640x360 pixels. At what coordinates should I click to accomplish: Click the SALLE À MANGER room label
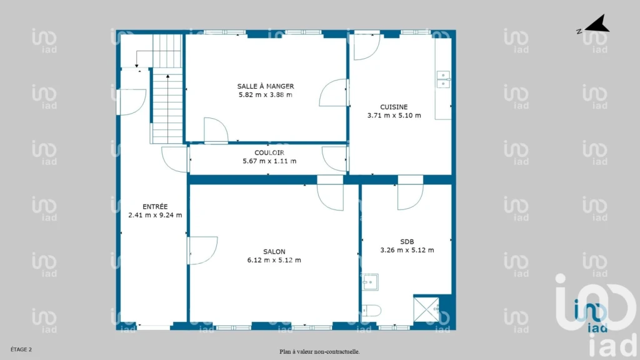266,86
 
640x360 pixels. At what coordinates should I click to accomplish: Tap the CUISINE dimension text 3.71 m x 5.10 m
394,116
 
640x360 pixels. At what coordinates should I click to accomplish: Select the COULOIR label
269,152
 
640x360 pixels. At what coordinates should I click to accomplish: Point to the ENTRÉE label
155,206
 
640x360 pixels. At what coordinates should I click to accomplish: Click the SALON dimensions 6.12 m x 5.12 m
274,260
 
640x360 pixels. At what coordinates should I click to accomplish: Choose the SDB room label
407,242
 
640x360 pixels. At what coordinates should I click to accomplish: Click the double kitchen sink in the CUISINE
443,79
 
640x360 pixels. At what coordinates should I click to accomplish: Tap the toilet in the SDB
371,311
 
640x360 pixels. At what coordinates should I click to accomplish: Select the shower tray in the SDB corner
426,309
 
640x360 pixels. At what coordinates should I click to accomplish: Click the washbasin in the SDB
370,282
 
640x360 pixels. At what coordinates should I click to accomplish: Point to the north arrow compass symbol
597,24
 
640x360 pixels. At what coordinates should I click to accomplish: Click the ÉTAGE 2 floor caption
21,349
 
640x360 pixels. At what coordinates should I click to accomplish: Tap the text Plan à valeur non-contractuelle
319,351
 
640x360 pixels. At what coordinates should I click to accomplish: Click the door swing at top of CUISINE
367,47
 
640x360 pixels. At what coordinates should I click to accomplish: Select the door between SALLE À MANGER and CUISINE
334,92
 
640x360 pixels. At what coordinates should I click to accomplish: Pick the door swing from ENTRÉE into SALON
203,250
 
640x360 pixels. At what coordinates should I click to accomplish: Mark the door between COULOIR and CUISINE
334,159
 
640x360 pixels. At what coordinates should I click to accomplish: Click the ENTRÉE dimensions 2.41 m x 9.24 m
155,215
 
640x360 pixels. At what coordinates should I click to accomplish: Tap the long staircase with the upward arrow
167,109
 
